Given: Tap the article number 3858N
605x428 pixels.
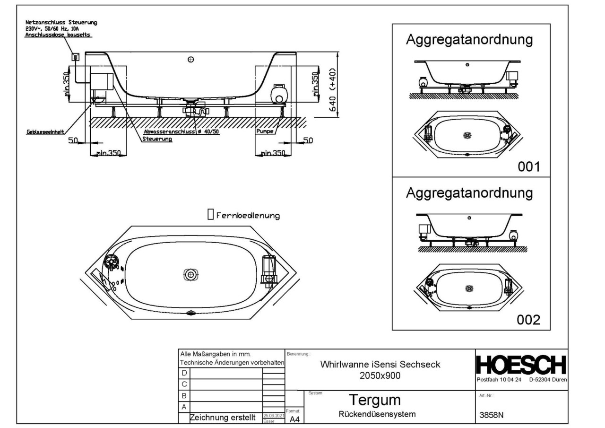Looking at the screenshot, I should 492,415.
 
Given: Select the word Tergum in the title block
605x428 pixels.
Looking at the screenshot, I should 374,400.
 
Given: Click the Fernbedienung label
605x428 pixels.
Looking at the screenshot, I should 248,216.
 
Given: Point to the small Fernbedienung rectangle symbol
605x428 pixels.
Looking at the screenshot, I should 210,215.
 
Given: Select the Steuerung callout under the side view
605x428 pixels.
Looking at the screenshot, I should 157,139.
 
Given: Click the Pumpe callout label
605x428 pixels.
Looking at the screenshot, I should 265,132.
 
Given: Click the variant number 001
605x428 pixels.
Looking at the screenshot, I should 528,167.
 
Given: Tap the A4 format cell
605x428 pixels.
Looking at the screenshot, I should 294,418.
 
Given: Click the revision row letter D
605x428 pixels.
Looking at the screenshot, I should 184,374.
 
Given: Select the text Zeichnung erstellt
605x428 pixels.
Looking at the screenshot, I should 223,418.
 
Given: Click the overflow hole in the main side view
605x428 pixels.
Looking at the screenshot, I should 191,60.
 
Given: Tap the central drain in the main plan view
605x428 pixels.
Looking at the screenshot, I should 190,274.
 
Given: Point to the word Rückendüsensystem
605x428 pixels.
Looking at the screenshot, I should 377,415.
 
